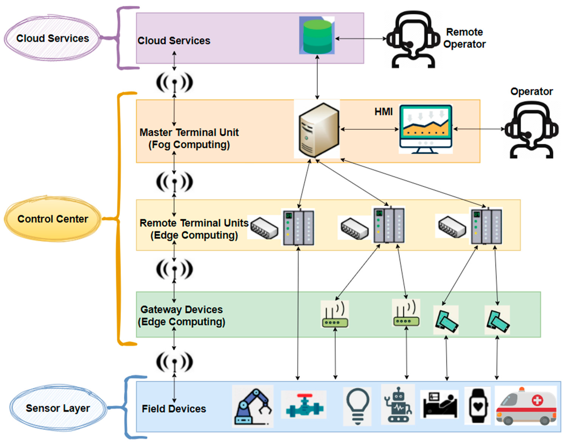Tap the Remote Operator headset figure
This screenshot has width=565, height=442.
tap(413, 39)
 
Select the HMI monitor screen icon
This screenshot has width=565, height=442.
tap(425, 129)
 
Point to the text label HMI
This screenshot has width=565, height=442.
tap(383, 112)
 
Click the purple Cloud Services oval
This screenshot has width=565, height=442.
tap(52, 38)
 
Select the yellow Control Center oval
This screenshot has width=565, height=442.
tap(53, 219)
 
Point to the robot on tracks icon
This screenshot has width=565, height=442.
tap(398, 405)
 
